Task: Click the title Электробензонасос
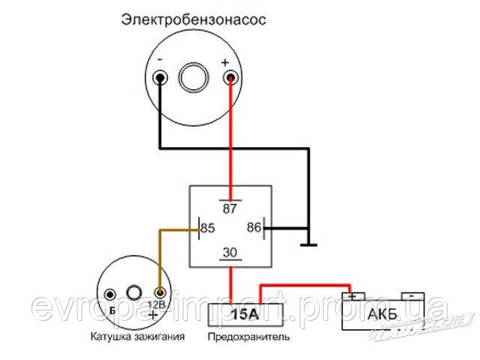point(193,20)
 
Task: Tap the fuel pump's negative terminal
point(160,78)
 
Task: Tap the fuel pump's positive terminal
point(230,78)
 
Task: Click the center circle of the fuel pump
point(193,77)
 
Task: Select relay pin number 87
point(230,208)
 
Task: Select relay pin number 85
point(208,228)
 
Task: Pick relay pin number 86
point(254,227)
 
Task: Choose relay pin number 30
point(230,253)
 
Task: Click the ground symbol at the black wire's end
point(308,244)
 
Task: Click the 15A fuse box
point(245,315)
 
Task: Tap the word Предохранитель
point(248,337)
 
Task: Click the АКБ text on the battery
point(382,314)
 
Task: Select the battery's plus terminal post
point(353,296)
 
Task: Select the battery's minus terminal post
point(412,296)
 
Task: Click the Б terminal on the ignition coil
point(110,295)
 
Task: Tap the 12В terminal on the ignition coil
point(160,293)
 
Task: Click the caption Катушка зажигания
point(138,337)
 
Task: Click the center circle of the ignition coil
point(134,292)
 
